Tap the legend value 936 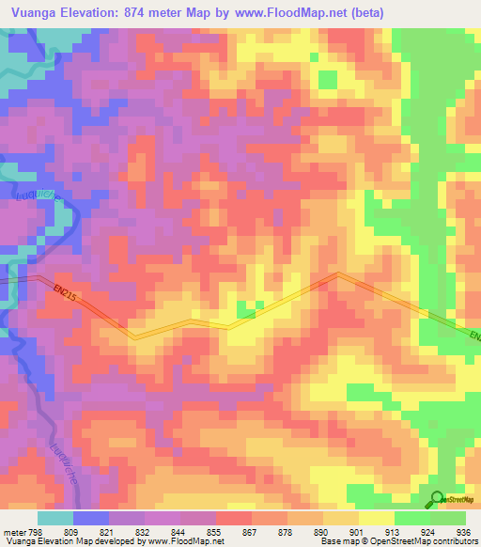pyautogui.click(x=463, y=531)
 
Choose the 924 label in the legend pyautogui.click(x=427, y=531)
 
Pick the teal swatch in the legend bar pyautogui.click(x=54, y=518)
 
